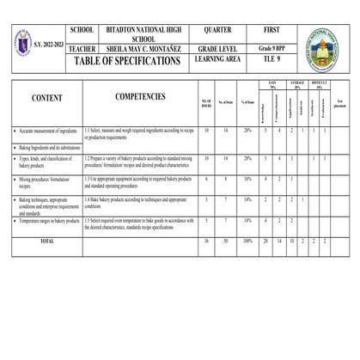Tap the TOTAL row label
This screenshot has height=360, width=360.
coord(47,241)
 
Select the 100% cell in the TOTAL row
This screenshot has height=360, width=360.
coord(247,241)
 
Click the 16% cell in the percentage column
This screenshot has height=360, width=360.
coord(247,179)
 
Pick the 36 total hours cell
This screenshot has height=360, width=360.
coord(206,241)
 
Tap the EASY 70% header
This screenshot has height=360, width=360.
coord(272,86)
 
